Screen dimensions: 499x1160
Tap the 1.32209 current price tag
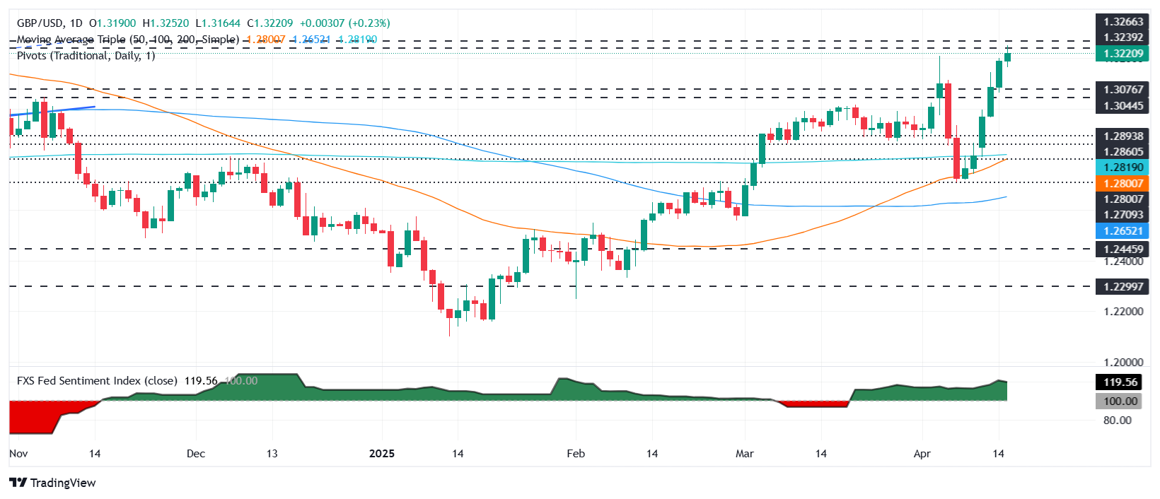click(x=1123, y=54)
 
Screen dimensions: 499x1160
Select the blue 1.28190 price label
click(x=1123, y=168)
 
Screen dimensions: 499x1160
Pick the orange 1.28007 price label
click(x=1123, y=184)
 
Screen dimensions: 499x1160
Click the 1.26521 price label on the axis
click(x=1123, y=231)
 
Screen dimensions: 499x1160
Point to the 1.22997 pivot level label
click(x=1123, y=286)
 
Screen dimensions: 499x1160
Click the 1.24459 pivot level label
click(x=1123, y=249)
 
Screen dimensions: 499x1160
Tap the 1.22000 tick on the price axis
click(x=1123, y=312)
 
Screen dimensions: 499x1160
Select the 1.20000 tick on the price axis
click(x=1123, y=363)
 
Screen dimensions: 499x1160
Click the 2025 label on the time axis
click(x=382, y=454)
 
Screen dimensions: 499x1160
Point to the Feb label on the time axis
click(x=576, y=454)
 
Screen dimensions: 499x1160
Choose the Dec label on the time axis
click(x=196, y=454)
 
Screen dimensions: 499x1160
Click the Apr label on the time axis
click(x=922, y=454)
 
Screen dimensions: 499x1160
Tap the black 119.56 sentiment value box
click(x=1121, y=382)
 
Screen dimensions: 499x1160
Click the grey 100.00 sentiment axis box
click(x=1121, y=401)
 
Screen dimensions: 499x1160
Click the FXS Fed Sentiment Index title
click(x=97, y=381)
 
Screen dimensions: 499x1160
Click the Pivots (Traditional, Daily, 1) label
click(x=86, y=56)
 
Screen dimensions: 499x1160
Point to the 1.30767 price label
click(x=1123, y=90)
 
